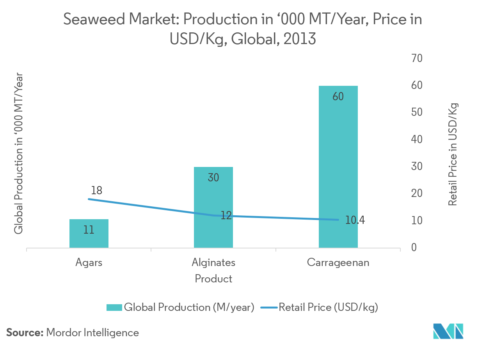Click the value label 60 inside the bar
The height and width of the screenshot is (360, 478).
click(x=338, y=96)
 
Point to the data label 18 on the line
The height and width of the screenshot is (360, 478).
click(x=96, y=190)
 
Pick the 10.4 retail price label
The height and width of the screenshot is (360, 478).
click(x=355, y=220)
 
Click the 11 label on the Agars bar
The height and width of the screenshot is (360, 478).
click(x=89, y=230)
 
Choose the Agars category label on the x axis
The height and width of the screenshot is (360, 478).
click(x=89, y=262)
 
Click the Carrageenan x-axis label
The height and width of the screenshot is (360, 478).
click(x=338, y=262)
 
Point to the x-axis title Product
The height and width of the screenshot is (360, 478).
click(x=213, y=279)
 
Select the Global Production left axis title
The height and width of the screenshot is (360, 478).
click(x=18, y=154)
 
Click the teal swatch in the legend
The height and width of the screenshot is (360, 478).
click(x=114, y=308)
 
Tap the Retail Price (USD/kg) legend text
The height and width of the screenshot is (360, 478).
click(x=328, y=308)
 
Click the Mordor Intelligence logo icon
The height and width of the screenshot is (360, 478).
click(x=448, y=331)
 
